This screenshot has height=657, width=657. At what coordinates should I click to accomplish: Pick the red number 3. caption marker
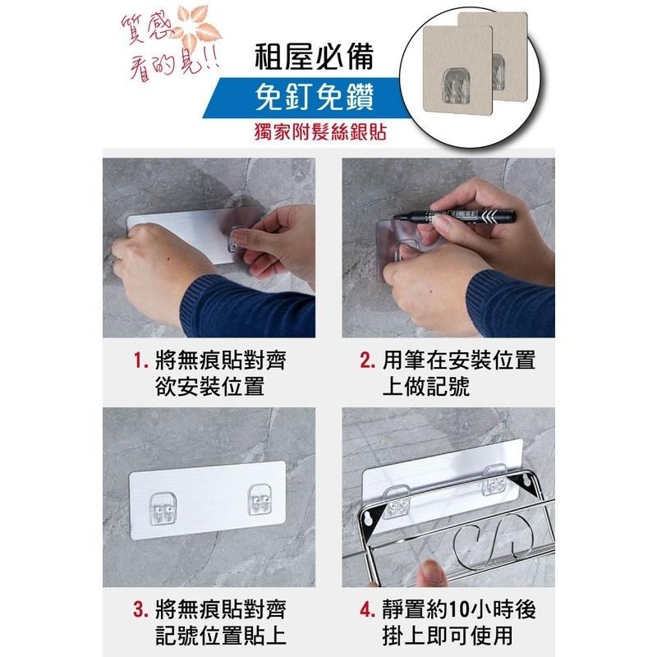[x=141, y=612]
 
